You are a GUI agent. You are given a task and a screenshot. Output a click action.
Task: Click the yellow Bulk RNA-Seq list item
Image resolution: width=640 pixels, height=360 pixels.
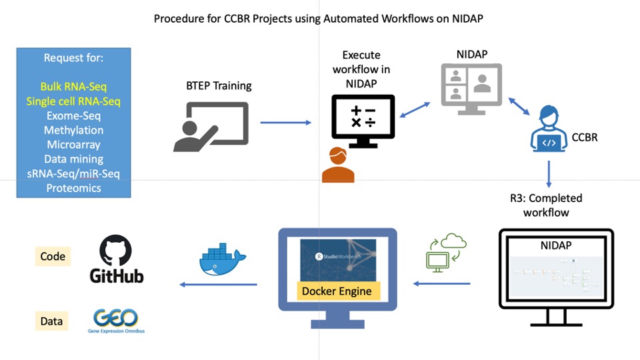73,87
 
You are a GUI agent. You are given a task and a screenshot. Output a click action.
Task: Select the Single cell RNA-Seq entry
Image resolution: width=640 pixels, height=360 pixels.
73,101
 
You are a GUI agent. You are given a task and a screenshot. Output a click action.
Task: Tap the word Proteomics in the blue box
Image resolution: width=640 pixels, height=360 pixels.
73,188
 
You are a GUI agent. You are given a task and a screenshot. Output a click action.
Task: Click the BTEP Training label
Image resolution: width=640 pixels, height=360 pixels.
219,85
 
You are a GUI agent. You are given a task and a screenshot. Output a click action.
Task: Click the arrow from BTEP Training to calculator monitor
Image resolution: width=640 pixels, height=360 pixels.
285,123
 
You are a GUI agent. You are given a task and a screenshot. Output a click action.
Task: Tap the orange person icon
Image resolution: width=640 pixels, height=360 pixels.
338,165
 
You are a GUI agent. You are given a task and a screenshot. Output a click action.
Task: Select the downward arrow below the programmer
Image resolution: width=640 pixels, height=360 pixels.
549,175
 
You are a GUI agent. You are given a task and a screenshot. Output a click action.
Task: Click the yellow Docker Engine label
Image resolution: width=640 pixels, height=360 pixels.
337,291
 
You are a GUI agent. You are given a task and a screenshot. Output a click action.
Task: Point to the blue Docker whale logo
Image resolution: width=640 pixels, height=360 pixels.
221,258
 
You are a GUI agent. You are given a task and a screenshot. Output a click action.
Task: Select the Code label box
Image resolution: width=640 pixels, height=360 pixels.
52,256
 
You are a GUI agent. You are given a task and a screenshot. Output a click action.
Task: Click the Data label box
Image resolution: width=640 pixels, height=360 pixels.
52,321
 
